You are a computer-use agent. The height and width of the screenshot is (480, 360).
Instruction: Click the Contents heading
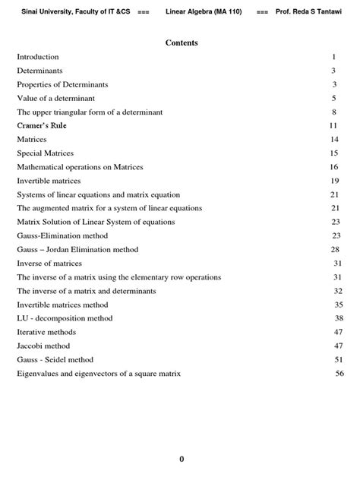[182, 43]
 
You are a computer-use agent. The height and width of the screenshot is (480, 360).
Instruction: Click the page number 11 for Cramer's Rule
[333, 125]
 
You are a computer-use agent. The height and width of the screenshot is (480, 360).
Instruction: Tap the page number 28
[335, 249]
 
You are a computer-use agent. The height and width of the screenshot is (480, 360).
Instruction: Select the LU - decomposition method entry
[65, 318]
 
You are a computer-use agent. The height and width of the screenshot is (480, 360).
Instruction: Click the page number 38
[339, 318]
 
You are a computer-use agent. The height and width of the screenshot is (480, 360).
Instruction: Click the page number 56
[339, 374]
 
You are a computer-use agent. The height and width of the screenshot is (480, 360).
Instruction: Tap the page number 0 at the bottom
[182, 459]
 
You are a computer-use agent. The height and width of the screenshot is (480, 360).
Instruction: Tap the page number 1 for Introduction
[333, 57]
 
